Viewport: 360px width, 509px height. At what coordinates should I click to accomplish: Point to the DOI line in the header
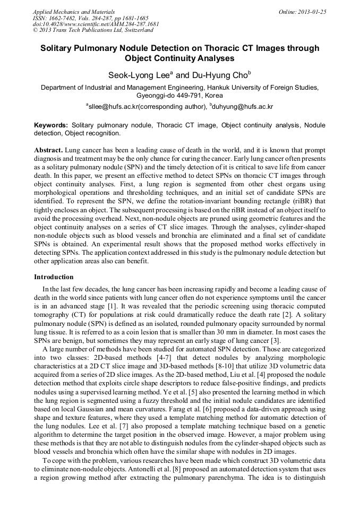pyautogui.click(x=96, y=24)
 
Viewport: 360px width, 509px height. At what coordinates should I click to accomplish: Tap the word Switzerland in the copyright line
pyautogui.click(x=136, y=30)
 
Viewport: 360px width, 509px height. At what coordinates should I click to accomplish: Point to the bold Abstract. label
pyautogui.click(x=49, y=151)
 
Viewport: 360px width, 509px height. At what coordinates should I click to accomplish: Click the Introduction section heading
pyautogui.click(x=54, y=277)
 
